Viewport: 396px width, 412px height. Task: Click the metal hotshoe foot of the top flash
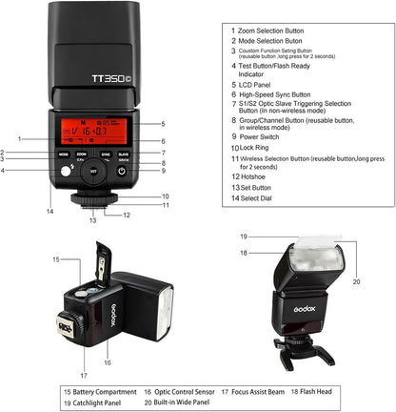coord(93,203)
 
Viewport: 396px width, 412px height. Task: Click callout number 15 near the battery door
coord(56,258)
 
